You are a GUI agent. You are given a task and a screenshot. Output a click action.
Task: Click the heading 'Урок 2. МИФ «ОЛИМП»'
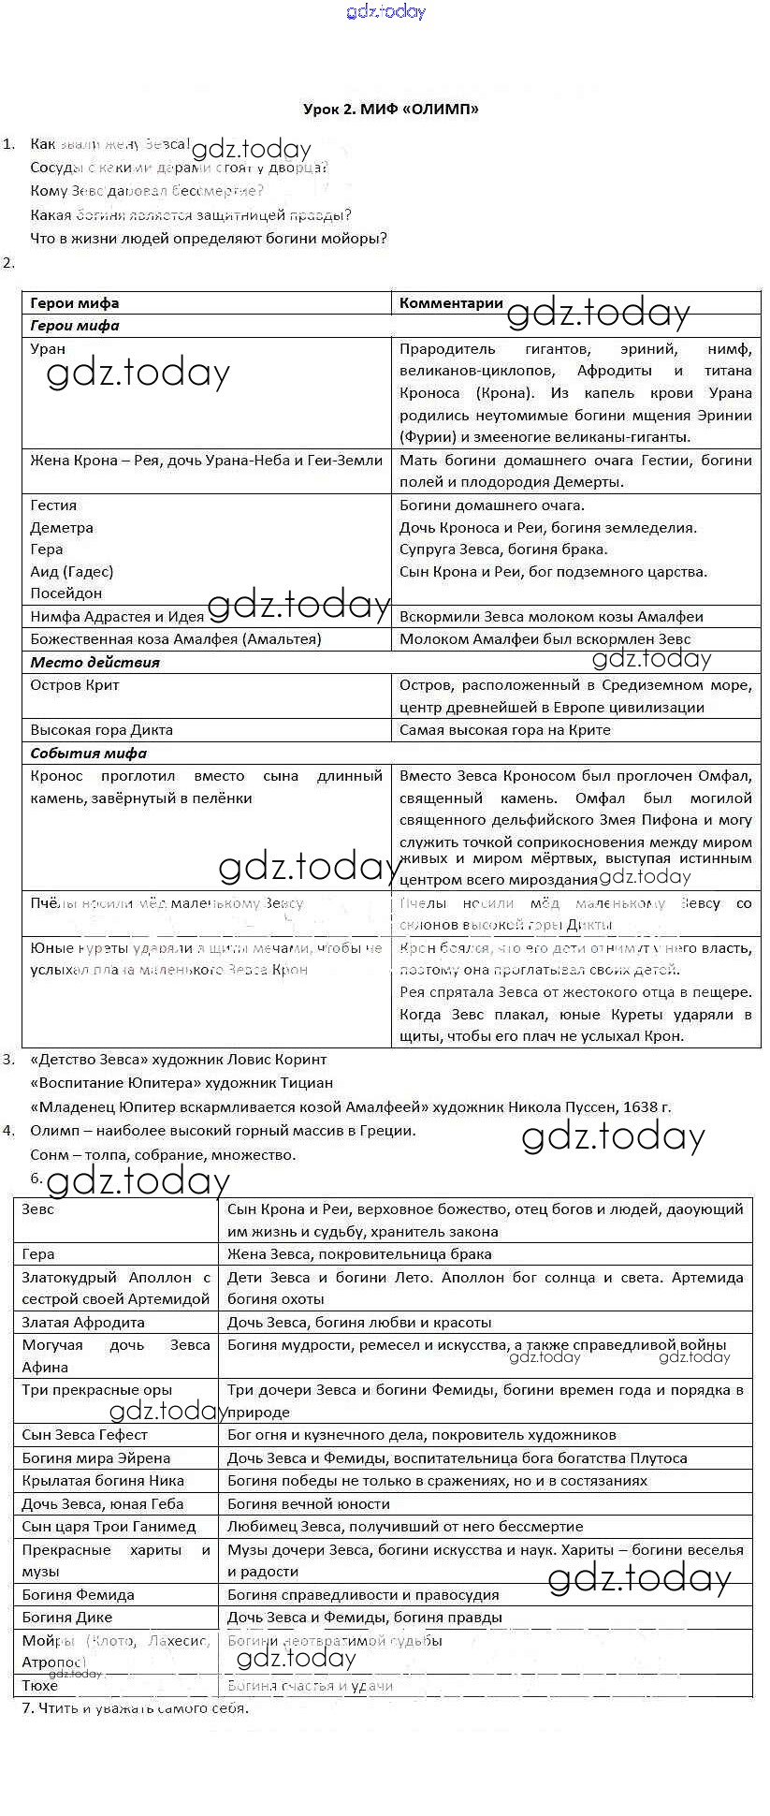pyautogui.click(x=390, y=109)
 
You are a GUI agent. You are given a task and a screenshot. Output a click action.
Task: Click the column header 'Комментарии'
pyautogui.click(x=451, y=302)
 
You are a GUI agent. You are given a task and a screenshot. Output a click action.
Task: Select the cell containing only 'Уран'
pyautogui.click(x=48, y=349)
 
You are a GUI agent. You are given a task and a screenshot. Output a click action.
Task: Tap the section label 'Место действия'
pyautogui.click(x=94, y=662)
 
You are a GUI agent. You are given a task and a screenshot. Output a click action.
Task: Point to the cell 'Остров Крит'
pyautogui.click(x=75, y=685)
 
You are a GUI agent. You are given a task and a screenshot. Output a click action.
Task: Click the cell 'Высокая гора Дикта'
pyautogui.click(x=101, y=730)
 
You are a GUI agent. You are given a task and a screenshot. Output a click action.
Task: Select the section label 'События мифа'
pyautogui.click(x=88, y=753)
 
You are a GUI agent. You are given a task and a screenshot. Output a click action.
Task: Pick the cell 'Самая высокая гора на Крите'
pyautogui.click(x=504, y=730)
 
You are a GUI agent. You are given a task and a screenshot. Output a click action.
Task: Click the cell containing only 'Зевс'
pyautogui.click(x=38, y=1209)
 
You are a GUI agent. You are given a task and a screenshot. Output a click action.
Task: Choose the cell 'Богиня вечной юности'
pyautogui.click(x=309, y=1504)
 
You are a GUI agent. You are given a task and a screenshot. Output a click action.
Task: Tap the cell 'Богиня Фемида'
pyautogui.click(x=79, y=1595)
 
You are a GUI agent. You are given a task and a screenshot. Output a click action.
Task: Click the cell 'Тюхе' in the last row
pyautogui.click(x=40, y=1686)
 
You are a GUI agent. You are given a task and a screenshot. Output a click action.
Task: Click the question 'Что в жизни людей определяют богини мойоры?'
pyautogui.click(x=209, y=238)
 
